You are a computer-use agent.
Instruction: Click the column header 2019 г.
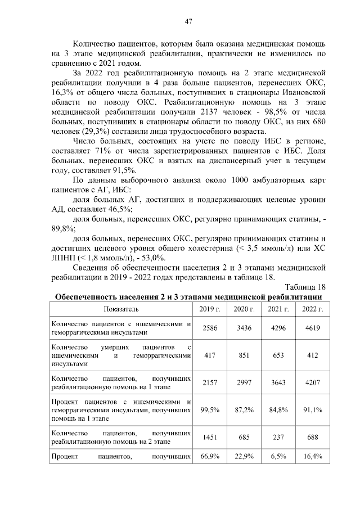(209, 309)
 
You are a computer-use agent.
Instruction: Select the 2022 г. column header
(312, 309)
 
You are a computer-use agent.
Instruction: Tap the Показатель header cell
(121, 309)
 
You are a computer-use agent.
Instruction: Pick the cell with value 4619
(312, 327)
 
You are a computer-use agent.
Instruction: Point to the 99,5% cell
(209, 411)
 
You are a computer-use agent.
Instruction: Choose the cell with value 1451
(209, 438)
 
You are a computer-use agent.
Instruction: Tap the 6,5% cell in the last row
(278, 456)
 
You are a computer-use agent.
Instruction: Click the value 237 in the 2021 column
(278, 438)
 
